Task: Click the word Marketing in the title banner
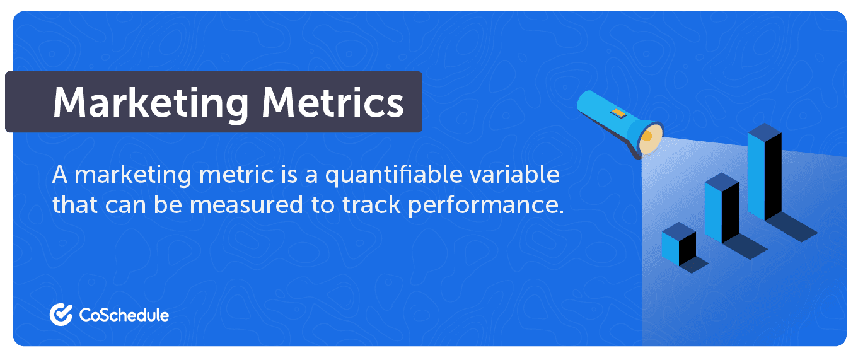click(151, 103)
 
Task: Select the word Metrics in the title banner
click(333, 102)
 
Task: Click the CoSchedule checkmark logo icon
click(61, 315)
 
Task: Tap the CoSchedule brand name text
click(124, 315)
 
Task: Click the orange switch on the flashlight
click(618, 113)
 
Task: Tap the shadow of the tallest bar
click(792, 227)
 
